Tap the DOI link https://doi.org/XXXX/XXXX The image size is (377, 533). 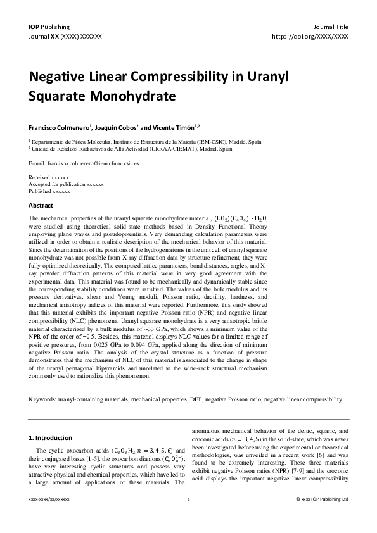pos(310,37)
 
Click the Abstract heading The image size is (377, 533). pos(41,206)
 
